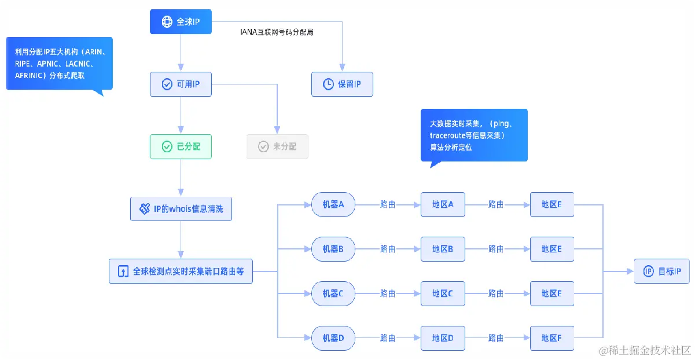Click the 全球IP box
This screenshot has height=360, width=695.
click(181, 21)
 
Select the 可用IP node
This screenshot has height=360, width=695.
click(181, 84)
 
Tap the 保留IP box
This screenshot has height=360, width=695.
click(342, 84)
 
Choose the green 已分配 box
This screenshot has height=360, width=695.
click(181, 146)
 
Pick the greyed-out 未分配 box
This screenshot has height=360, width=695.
click(277, 146)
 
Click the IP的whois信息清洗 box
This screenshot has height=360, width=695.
click(181, 209)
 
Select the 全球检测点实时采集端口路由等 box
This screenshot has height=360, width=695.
click(181, 271)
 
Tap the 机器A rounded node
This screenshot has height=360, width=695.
click(333, 204)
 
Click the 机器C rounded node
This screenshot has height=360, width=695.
click(333, 293)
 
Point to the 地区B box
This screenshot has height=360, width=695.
click(443, 249)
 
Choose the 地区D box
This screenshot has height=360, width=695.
click(443, 338)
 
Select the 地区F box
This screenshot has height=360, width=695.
click(551, 338)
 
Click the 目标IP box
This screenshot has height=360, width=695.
click(661, 271)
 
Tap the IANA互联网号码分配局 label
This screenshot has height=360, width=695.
click(277, 32)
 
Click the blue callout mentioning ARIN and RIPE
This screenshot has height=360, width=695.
click(59, 64)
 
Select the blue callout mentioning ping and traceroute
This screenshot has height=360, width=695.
click(473, 135)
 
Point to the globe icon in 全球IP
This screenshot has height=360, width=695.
click(167, 21)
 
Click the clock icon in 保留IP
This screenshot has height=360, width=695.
click(328, 84)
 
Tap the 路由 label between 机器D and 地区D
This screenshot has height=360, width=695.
click(388, 338)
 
